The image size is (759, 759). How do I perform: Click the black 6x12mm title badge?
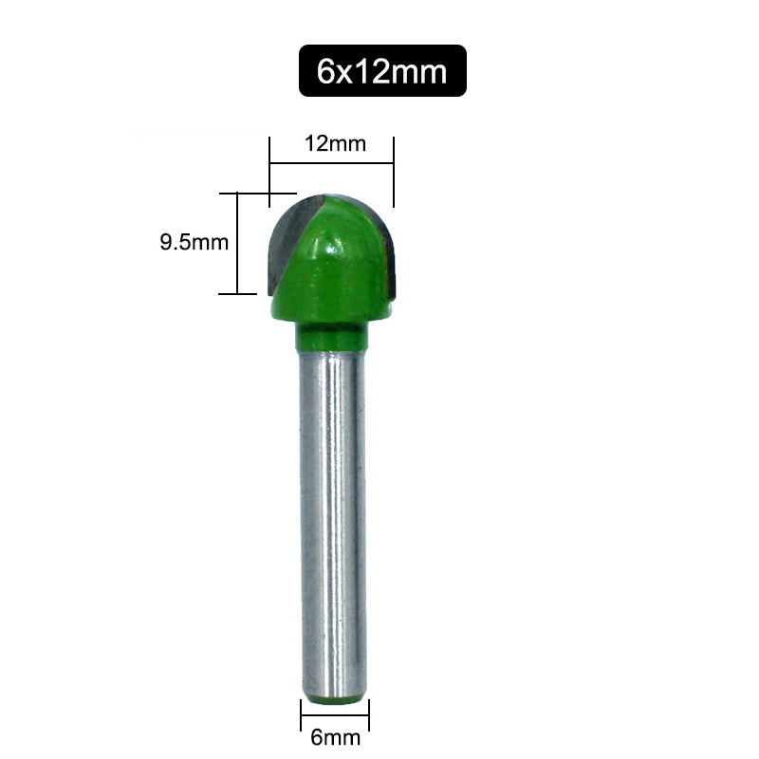point(382,70)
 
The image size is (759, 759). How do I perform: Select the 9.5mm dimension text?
point(194,242)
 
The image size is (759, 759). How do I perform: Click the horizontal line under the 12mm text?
point(331,164)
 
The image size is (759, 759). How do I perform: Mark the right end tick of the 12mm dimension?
point(393,171)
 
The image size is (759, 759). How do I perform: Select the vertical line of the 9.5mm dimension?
point(237,243)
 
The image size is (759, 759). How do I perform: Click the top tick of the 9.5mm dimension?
point(237,193)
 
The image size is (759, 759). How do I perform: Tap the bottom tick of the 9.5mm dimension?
point(237,294)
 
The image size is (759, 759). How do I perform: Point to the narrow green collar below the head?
point(330,334)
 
